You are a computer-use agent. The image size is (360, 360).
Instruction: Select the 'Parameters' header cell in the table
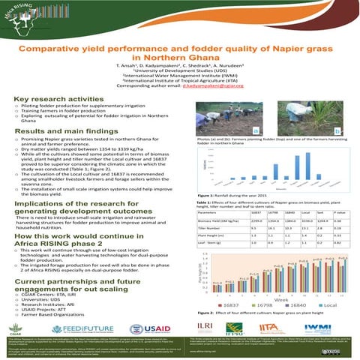point(211,212)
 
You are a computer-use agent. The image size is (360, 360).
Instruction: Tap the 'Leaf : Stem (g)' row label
point(211,244)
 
